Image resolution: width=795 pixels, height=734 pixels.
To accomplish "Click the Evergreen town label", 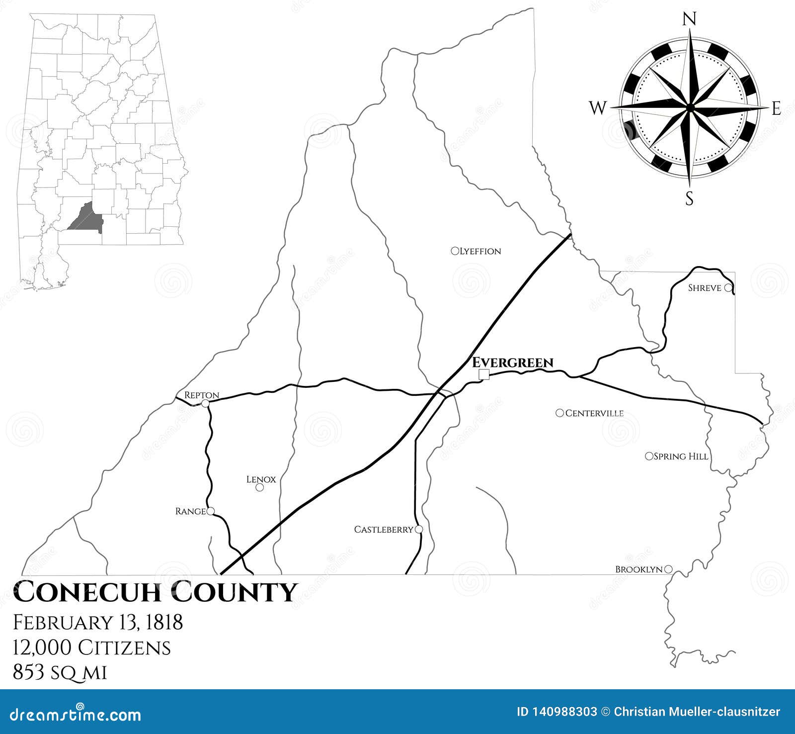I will (x=512, y=363).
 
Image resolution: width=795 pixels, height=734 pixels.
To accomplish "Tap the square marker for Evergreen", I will (x=483, y=374).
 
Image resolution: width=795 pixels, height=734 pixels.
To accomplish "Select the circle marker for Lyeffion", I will (x=454, y=251).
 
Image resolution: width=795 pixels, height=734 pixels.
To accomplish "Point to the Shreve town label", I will (x=704, y=288).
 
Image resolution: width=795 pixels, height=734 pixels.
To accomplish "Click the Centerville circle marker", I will (x=560, y=413).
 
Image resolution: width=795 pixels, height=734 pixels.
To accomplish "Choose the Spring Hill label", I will (x=681, y=456).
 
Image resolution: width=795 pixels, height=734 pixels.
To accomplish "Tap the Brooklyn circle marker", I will (x=668, y=569).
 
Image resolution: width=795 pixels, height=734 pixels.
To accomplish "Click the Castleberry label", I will (x=383, y=530).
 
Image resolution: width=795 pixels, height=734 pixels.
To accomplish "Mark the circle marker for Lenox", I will (x=259, y=487).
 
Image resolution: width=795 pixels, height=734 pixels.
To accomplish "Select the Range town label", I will (x=190, y=511).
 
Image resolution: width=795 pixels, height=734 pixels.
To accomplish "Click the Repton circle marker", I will (x=205, y=403).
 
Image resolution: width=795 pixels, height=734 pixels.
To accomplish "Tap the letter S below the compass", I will (x=689, y=199).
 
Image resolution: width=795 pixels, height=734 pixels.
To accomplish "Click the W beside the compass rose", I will (x=598, y=107).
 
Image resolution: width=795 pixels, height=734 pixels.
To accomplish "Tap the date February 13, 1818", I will (x=98, y=622).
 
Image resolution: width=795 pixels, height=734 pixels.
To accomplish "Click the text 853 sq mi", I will (x=60, y=673).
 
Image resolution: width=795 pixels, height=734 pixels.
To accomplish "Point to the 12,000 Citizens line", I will (x=92, y=647).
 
